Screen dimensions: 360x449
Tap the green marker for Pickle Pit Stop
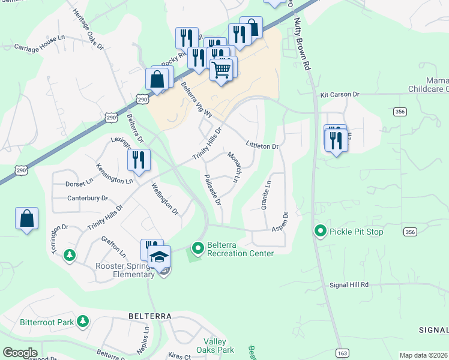pos(320,230)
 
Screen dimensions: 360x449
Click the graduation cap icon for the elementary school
pos(159,257)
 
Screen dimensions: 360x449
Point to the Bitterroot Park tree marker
pos(82,322)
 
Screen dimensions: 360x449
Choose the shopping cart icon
pos(221,70)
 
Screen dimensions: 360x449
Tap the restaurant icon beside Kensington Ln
pos(139,160)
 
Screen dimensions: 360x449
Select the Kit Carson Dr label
pos(339,95)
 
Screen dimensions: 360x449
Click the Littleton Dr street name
pos(262,146)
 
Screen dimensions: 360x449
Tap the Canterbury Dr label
pos(88,198)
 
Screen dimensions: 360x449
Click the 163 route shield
pos(342,353)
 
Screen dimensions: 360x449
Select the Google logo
pos(20,353)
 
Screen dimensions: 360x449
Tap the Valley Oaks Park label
pos(215,346)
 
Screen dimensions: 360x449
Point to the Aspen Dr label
pos(280,222)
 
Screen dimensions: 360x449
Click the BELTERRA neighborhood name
pos(150,316)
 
